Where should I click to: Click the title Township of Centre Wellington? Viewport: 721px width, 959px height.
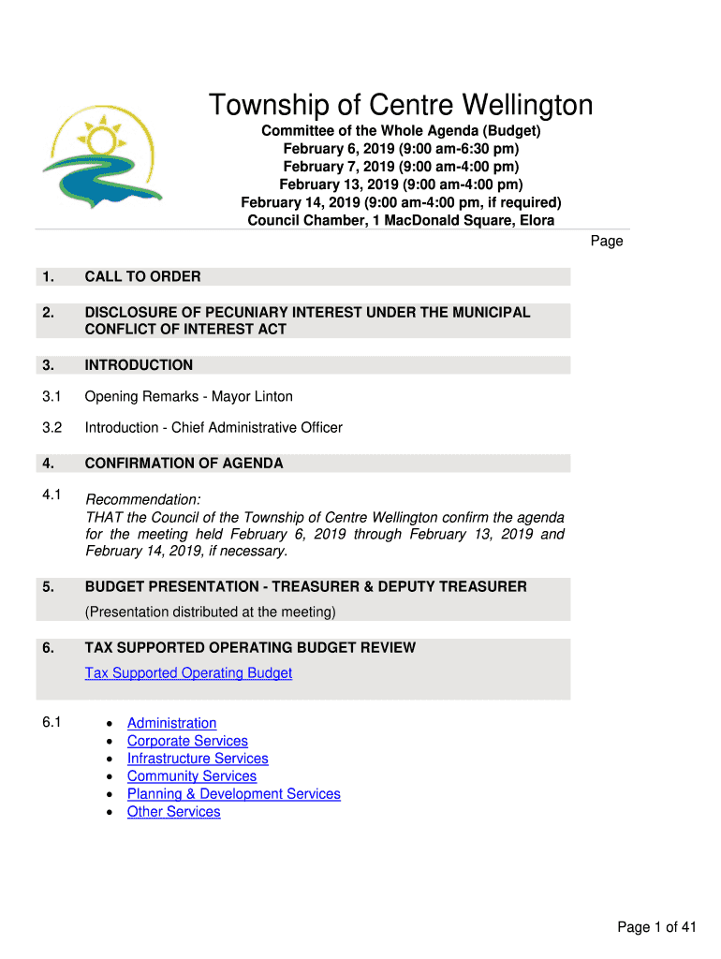coord(400,105)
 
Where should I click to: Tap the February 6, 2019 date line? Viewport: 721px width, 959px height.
coord(401,149)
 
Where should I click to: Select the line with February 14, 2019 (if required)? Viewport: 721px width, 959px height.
coord(401,202)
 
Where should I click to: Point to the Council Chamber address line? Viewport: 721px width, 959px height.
coord(401,220)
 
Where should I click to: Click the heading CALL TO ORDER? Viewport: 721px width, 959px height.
coord(142,276)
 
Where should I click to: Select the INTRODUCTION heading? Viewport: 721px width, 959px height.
coord(139,365)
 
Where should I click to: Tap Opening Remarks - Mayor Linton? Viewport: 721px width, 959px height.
coord(188,397)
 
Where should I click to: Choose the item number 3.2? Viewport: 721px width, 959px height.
coord(51,428)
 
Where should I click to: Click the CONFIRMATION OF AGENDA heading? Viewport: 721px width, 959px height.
coord(184,464)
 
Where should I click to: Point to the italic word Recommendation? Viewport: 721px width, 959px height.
coord(142,500)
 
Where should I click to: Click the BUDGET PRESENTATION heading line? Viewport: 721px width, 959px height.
coord(305,587)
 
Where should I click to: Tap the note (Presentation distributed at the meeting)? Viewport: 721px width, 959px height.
coord(210,612)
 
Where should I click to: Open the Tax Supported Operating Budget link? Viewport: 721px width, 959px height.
coord(188,673)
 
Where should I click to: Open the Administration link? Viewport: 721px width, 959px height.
coord(171,723)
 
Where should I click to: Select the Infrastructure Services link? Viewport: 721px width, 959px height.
coord(198,759)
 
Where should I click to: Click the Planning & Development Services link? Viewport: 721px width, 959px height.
coord(233,794)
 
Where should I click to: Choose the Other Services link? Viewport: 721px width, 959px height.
coord(173,812)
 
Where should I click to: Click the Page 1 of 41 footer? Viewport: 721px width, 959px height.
coord(656,928)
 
